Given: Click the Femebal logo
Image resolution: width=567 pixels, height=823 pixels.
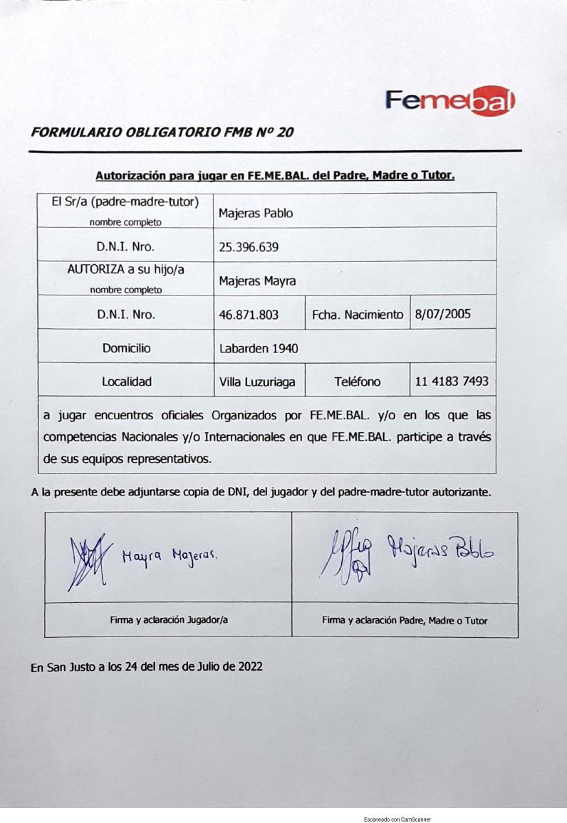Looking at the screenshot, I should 449,103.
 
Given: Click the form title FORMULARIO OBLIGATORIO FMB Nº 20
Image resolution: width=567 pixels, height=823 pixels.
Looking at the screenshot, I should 162,132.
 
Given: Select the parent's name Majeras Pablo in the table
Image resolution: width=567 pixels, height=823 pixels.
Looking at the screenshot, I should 256,213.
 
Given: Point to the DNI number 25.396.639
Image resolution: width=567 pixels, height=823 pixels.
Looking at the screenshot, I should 249,247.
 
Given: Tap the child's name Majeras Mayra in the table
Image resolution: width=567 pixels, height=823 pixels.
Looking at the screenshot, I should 257,281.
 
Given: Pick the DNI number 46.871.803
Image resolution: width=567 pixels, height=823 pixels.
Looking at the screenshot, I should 249,314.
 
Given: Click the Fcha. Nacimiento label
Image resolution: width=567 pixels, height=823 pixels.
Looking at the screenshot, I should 357,314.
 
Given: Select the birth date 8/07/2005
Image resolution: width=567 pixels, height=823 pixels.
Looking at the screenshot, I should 442,314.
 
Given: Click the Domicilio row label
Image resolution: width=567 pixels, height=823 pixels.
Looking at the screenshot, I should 126,348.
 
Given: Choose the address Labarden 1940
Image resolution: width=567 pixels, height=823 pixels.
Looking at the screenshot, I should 259,348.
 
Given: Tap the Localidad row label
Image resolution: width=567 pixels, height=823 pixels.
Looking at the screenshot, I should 126,382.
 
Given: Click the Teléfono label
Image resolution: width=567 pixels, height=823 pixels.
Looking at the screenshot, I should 358,382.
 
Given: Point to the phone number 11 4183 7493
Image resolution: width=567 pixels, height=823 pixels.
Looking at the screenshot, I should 452,382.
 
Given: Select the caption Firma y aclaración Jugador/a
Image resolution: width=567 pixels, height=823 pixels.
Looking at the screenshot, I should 169,619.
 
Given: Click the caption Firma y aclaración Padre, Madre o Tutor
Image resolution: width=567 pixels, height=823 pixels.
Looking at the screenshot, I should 405,620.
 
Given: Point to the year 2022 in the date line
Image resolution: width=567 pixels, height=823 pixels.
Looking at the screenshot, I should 249,666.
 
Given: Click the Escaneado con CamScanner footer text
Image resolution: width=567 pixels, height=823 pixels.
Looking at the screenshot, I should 397,819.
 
